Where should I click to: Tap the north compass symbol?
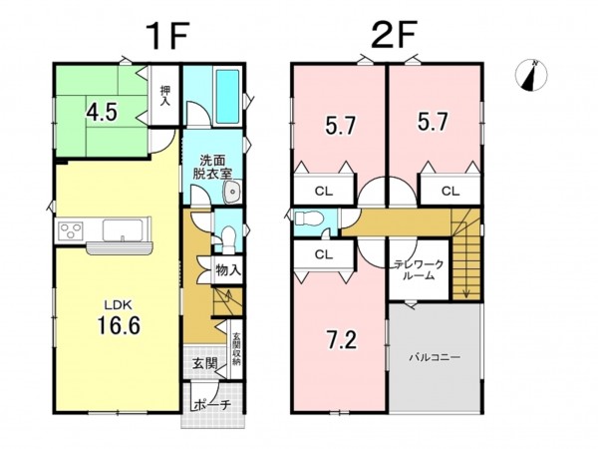[x=531, y=75]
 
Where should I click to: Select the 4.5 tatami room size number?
[x=102, y=112]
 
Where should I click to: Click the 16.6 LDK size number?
[x=119, y=325]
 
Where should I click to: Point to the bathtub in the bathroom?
[x=228, y=96]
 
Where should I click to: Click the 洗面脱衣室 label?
[x=212, y=167]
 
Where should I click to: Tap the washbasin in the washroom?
[x=231, y=191]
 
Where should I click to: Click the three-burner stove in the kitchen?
[x=71, y=231]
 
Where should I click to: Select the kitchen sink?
[x=123, y=230]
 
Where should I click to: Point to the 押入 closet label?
[x=164, y=96]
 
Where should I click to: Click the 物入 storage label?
[x=228, y=270]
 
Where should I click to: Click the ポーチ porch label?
[x=212, y=405]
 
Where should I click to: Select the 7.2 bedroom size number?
[x=342, y=340]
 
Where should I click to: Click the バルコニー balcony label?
[x=435, y=357]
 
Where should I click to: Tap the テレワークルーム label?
[x=420, y=270]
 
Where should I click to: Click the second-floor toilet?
[x=309, y=219]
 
